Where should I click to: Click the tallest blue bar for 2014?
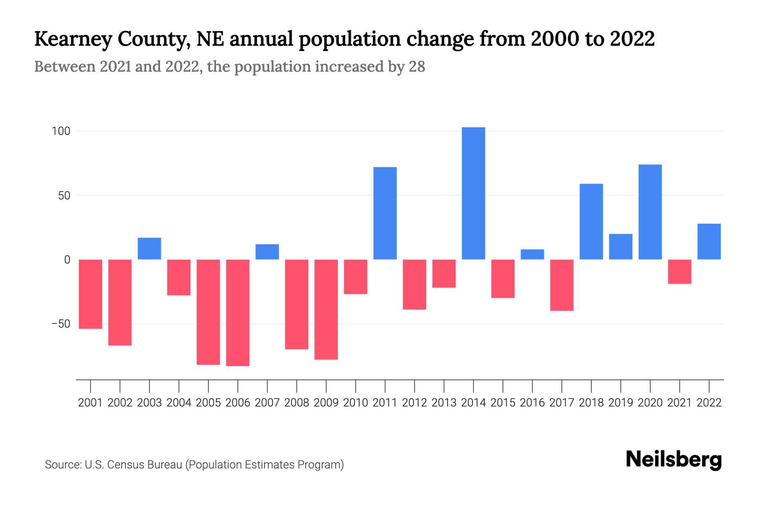click(x=473, y=193)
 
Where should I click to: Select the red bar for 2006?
click(x=238, y=312)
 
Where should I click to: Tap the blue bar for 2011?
click(x=385, y=213)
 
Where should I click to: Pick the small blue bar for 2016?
click(x=532, y=254)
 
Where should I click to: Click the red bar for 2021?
click(x=679, y=272)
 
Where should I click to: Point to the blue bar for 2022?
click(x=709, y=241)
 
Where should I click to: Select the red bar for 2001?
click(x=91, y=294)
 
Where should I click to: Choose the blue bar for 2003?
click(x=149, y=248)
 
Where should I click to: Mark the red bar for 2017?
click(x=562, y=285)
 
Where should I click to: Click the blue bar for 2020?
click(x=650, y=212)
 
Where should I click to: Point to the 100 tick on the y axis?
click(x=61, y=131)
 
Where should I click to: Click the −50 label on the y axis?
click(x=61, y=324)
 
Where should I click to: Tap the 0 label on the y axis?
click(x=67, y=260)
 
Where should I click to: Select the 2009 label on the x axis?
click(x=326, y=403)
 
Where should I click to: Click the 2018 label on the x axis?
click(x=591, y=403)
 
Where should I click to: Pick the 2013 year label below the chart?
click(x=444, y=403)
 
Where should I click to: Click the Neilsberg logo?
click(x=674, y=460)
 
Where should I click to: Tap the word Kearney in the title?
click(x=73, y=39)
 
